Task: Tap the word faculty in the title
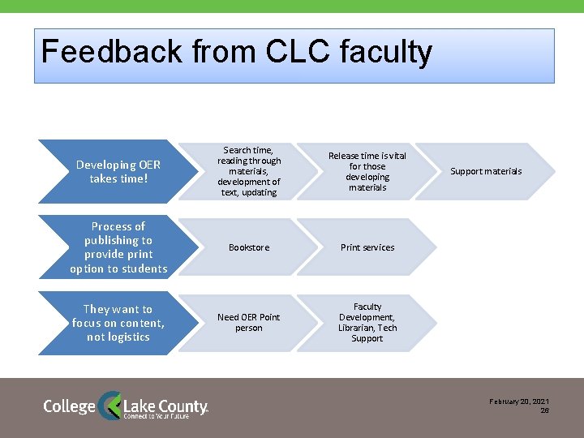[x=386, y=52]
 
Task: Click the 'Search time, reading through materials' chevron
[x=249, y=171]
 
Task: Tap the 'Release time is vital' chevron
[x=367, y=171]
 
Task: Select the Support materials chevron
[x=487, y=171]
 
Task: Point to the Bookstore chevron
[x=249, y=247]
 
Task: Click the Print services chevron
[x=367, y=247]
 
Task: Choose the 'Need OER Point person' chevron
[x=249, y=323]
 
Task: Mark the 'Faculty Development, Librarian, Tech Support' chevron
[x=367, y=323]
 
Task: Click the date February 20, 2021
[x=519, y=402]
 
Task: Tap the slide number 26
[x=545, y=411]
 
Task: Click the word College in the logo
[x=69, y=406]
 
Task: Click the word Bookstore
[x=249, y=247]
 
